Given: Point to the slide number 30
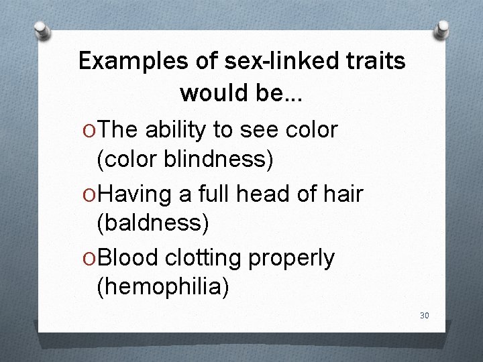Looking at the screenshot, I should [424, 315].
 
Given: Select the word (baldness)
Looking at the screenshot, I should [153, 224].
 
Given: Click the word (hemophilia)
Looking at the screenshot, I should [163, 288].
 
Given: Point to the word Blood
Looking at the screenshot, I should [125, 258].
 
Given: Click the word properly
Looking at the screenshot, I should [291, 258].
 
